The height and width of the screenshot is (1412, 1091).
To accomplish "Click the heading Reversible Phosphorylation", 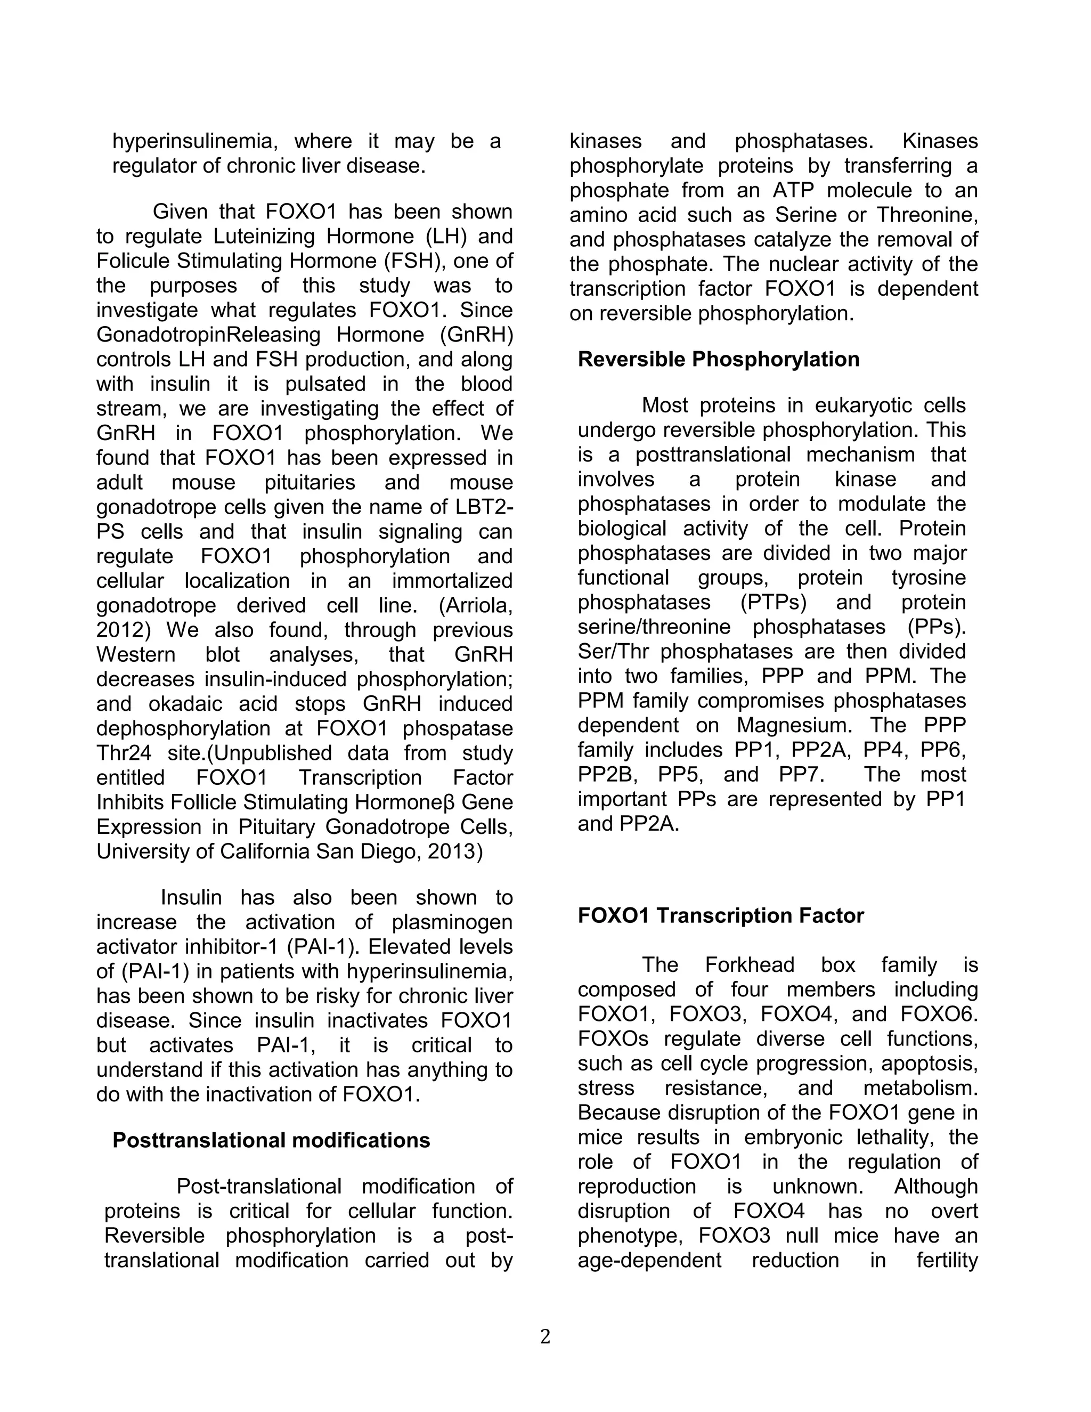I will [x=718, y=360].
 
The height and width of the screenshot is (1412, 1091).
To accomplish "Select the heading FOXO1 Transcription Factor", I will [x=720, y=915].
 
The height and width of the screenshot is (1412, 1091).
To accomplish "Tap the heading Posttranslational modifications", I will [x=271, y=1140].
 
